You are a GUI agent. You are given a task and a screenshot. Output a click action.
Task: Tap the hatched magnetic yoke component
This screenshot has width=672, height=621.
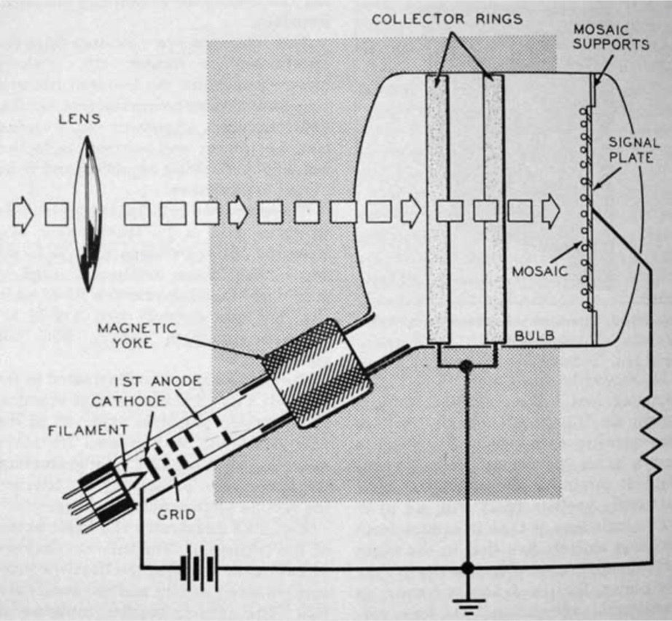point(318,374)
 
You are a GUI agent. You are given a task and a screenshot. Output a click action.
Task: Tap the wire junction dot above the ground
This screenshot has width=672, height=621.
point(467,567)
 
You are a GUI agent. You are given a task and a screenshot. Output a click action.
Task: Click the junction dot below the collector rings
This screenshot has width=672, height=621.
point(467,370)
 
